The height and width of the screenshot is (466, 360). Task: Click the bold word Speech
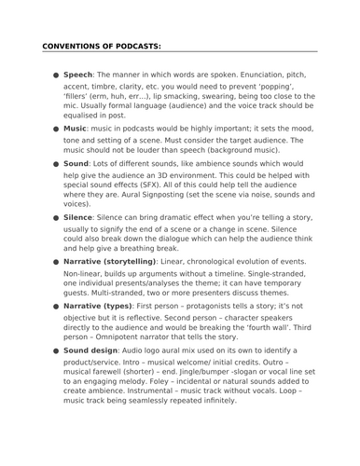(x=77, y=73)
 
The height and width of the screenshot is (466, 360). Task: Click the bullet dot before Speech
(x=56, y=74)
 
